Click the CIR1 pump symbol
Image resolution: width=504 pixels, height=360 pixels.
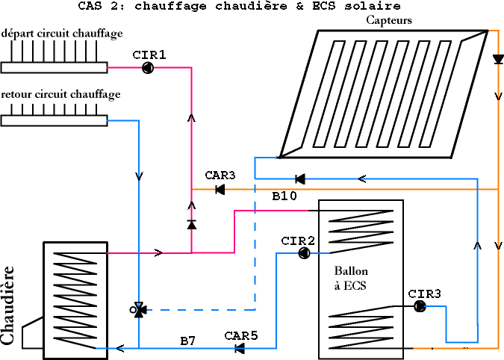click(148, 68)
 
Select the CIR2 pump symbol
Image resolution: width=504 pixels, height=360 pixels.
click(304, 253)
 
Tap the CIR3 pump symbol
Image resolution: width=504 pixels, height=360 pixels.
click(420, 306)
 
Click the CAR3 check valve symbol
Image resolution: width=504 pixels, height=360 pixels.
click(220, 189)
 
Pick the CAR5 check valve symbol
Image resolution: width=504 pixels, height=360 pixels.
click(240, 348)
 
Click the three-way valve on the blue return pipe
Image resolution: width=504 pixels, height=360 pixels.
click(139, 310)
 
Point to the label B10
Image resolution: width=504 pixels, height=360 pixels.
click(284, 196)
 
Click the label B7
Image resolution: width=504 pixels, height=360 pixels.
click(187, 341)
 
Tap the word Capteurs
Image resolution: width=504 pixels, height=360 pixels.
click(389, 20)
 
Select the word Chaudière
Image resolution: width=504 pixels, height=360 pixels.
click(7, 305)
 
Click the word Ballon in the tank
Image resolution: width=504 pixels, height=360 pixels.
click(351, 270)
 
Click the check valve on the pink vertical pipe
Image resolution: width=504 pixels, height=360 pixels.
click(192, 224)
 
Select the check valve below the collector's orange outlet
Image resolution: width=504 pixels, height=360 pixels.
click(498, 60)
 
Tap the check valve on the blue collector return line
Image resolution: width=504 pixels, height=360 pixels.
click(300, 179)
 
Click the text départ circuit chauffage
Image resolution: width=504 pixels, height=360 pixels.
click(62, 34)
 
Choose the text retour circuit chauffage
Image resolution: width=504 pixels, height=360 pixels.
click(60, 95)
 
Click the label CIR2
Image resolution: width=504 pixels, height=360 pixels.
click(298, 240)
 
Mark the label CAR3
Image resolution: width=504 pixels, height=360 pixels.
click(220, 176)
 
